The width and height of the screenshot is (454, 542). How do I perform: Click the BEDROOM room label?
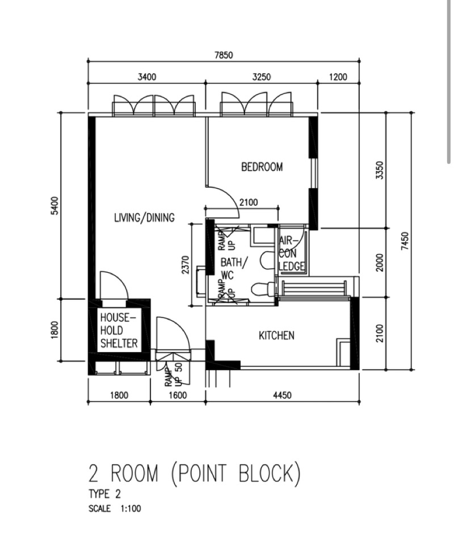point(262,167)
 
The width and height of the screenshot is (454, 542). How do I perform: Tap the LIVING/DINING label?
point(144,217)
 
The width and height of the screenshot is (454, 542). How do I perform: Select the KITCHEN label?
point(276,336)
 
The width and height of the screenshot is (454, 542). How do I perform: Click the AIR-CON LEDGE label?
point(292,253)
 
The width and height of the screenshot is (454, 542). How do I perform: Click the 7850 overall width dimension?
point(223,56)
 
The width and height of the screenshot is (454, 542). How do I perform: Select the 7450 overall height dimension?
point(405,240)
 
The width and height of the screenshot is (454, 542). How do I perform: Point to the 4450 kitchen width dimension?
point(282,395)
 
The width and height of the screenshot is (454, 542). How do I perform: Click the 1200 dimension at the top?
point(337,78)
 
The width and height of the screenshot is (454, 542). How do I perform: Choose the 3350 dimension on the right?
point(380,170)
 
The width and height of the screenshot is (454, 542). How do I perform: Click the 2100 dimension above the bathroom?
point(249,202)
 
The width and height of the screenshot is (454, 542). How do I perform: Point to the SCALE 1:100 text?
point(115,509)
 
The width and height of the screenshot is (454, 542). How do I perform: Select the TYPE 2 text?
point(104,494)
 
